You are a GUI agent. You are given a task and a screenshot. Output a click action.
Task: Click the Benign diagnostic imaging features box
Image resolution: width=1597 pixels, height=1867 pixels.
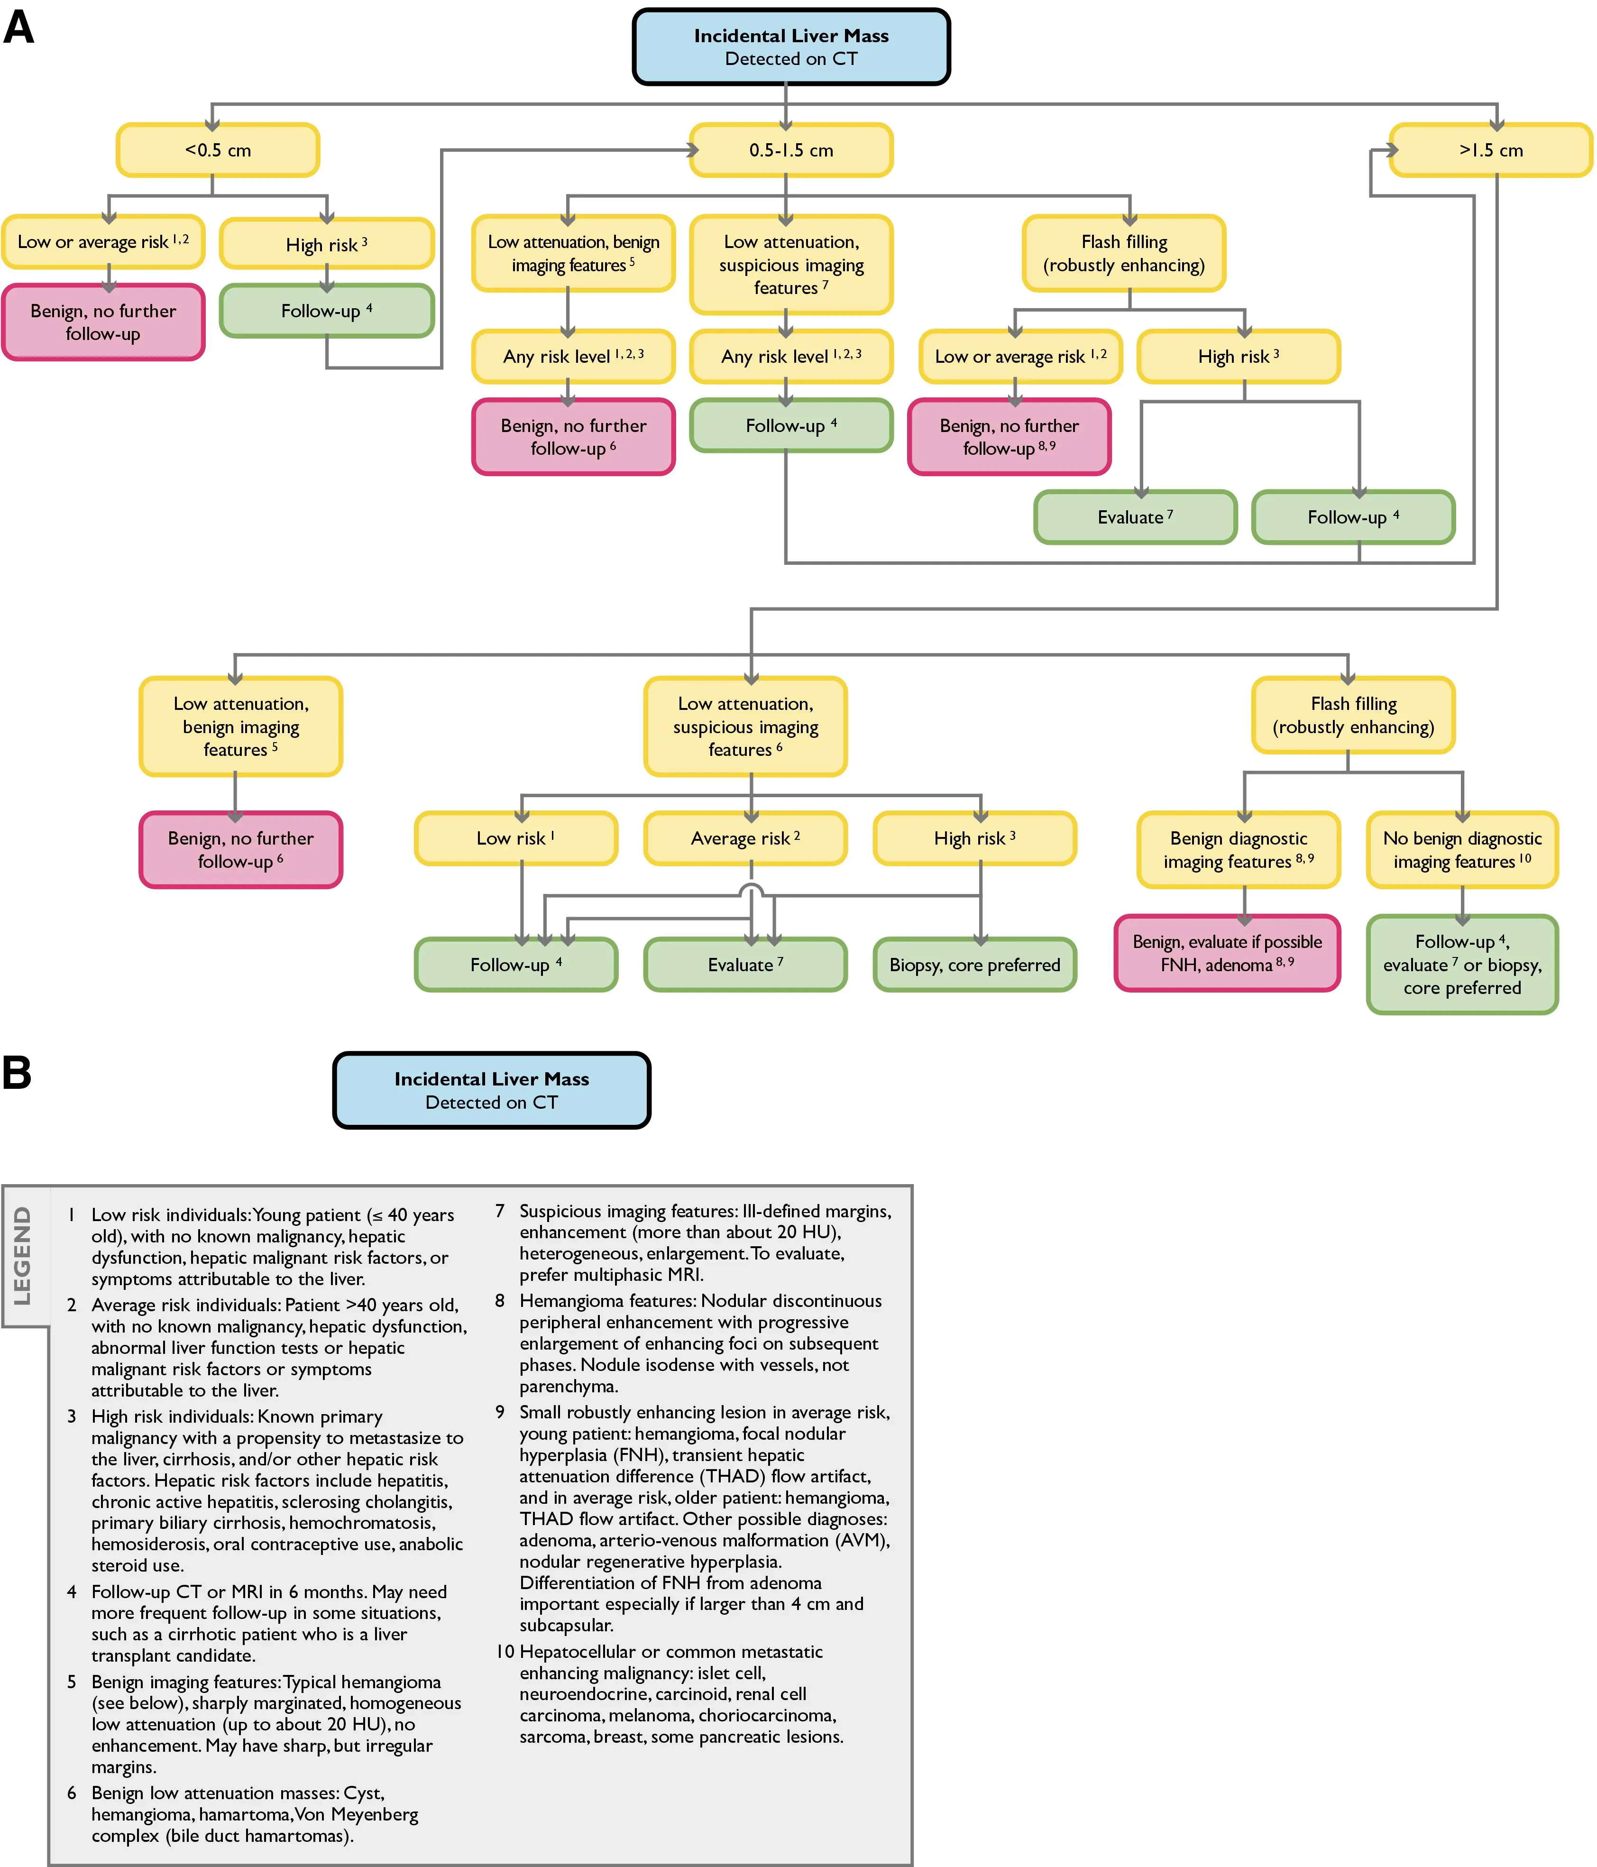[x=1239, y=850]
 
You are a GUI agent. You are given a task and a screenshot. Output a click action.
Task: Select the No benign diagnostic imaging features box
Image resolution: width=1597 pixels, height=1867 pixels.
[x=1462, y=850]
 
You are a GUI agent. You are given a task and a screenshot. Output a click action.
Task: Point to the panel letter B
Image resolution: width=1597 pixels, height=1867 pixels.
[x=17, y=1072]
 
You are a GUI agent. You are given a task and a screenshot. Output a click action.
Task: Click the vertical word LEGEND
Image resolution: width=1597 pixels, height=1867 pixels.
[x=22, y=1255]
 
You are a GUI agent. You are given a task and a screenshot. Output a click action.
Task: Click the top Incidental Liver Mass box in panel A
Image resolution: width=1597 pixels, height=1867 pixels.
[x=791, y=47]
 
